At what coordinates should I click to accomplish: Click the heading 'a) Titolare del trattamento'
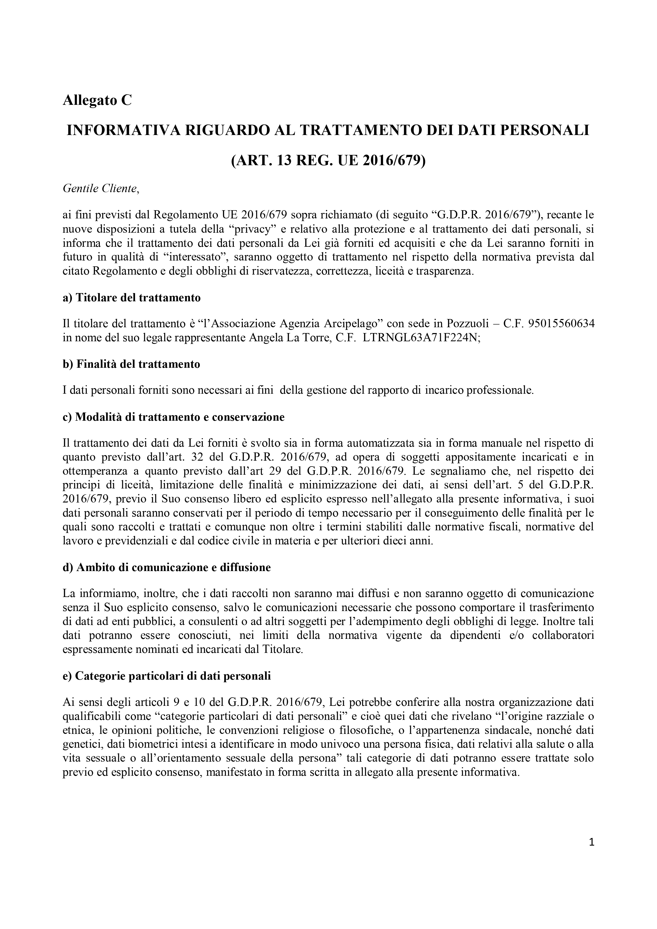tap(132, 298)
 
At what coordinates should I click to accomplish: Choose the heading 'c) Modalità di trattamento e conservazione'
tap(174, 417)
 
